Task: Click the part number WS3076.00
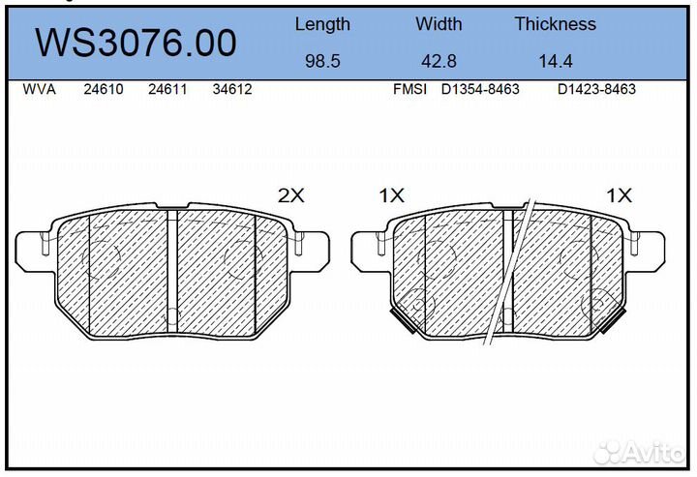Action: pyautogui.click(x=136, y=44)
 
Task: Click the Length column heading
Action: pyautogui.click(x=322, y=24)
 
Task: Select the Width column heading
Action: pyautogui.click(x=439, y=23)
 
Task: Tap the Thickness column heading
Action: pyautogui.click(x=556, y=23)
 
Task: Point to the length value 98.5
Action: pyautogui.click(x=322, y=61)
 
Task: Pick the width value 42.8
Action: pyautogui.click(x=439, y=61)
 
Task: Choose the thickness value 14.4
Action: pyautogui.click(x=556, y=61)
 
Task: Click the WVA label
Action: pyautogui.click(x=39, y=89)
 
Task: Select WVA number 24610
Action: pyautogui.click(x=104, y=89)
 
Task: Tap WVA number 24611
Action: pyautogui.click(x=167, y=89)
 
